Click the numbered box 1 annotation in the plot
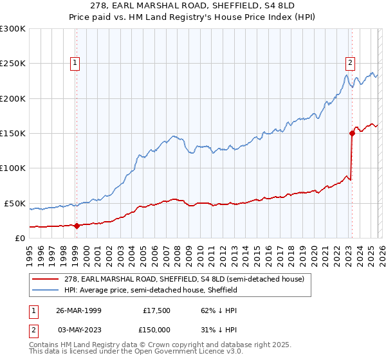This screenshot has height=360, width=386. coord(76,63)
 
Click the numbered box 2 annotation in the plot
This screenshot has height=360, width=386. coord(350,63)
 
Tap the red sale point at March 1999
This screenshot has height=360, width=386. coord(77,226)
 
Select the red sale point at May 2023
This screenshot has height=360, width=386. coord(352,134)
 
